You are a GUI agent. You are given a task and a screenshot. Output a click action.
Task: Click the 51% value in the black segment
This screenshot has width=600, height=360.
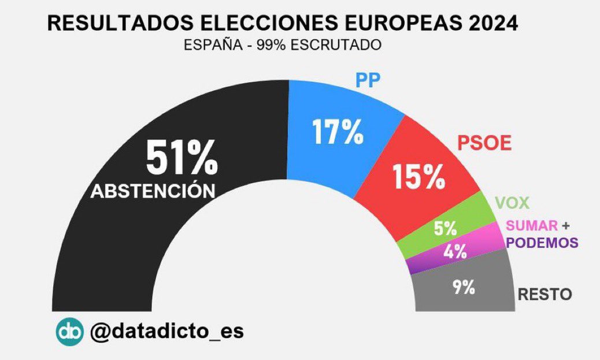pos(181,157)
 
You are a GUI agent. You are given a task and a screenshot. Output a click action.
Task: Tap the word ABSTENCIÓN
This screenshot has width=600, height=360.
pos(153,191)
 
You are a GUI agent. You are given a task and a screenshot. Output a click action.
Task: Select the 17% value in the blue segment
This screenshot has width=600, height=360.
pos(338,132)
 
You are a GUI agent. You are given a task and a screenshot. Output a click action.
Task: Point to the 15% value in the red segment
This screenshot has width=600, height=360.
pos(418,177)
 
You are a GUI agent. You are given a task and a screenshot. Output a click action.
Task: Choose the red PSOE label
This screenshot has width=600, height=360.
pos(484,143)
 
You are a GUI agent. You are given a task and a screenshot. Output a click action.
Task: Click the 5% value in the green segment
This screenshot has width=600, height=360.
pos(445,228)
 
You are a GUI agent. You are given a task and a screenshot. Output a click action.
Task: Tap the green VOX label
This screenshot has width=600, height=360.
pos(512,203)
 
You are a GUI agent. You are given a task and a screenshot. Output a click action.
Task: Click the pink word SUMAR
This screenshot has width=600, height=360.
pos(531,225)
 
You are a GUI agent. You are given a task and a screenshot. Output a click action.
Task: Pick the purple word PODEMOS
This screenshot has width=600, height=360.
pos(542,243)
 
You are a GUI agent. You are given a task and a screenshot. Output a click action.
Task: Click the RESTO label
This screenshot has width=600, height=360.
pos(545,295)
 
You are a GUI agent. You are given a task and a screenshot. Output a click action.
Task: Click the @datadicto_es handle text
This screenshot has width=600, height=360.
pos(167,332)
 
